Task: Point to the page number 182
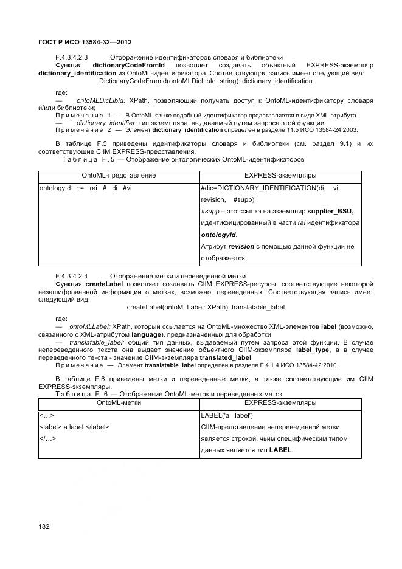[44, 526]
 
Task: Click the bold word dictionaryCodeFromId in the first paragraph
[125, 65]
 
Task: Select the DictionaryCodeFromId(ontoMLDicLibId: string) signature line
[206, 81]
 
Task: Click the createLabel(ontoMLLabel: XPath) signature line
[206, 308]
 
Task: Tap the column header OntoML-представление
[119, 176]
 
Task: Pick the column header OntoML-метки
[119, 402]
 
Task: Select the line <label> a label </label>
[74, 427]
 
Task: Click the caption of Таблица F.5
[182, 159]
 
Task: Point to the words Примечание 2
[83, 129]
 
